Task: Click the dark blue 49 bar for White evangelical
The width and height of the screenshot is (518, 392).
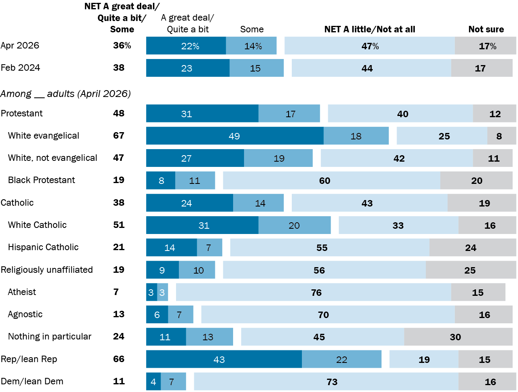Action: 235,136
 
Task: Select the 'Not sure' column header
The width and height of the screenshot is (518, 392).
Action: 486,29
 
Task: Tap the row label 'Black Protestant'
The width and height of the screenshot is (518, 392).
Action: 41,180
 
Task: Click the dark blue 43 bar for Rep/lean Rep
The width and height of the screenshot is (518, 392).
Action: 224,359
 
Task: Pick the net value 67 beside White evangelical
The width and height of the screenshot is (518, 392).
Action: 119,136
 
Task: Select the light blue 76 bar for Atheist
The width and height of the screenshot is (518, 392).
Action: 314,292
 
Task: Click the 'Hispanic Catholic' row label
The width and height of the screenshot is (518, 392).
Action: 43,247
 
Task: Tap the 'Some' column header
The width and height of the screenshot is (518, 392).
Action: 252,29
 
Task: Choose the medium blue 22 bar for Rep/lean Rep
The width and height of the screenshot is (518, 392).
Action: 342,359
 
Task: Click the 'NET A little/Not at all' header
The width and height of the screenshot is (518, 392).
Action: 369,29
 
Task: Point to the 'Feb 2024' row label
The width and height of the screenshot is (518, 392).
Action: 20,68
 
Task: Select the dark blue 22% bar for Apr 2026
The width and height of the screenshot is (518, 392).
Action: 186,46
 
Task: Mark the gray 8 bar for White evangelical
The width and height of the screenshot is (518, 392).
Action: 501,136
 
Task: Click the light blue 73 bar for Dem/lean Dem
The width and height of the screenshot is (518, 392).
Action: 326,381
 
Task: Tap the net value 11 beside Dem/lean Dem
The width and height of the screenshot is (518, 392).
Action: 119,381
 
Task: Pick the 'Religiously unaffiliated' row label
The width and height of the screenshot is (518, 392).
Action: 47,270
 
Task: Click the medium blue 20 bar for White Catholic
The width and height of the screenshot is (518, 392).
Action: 294,225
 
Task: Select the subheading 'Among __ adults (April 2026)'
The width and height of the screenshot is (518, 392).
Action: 66,94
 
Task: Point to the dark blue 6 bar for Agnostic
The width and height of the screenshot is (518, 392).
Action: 157,314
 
